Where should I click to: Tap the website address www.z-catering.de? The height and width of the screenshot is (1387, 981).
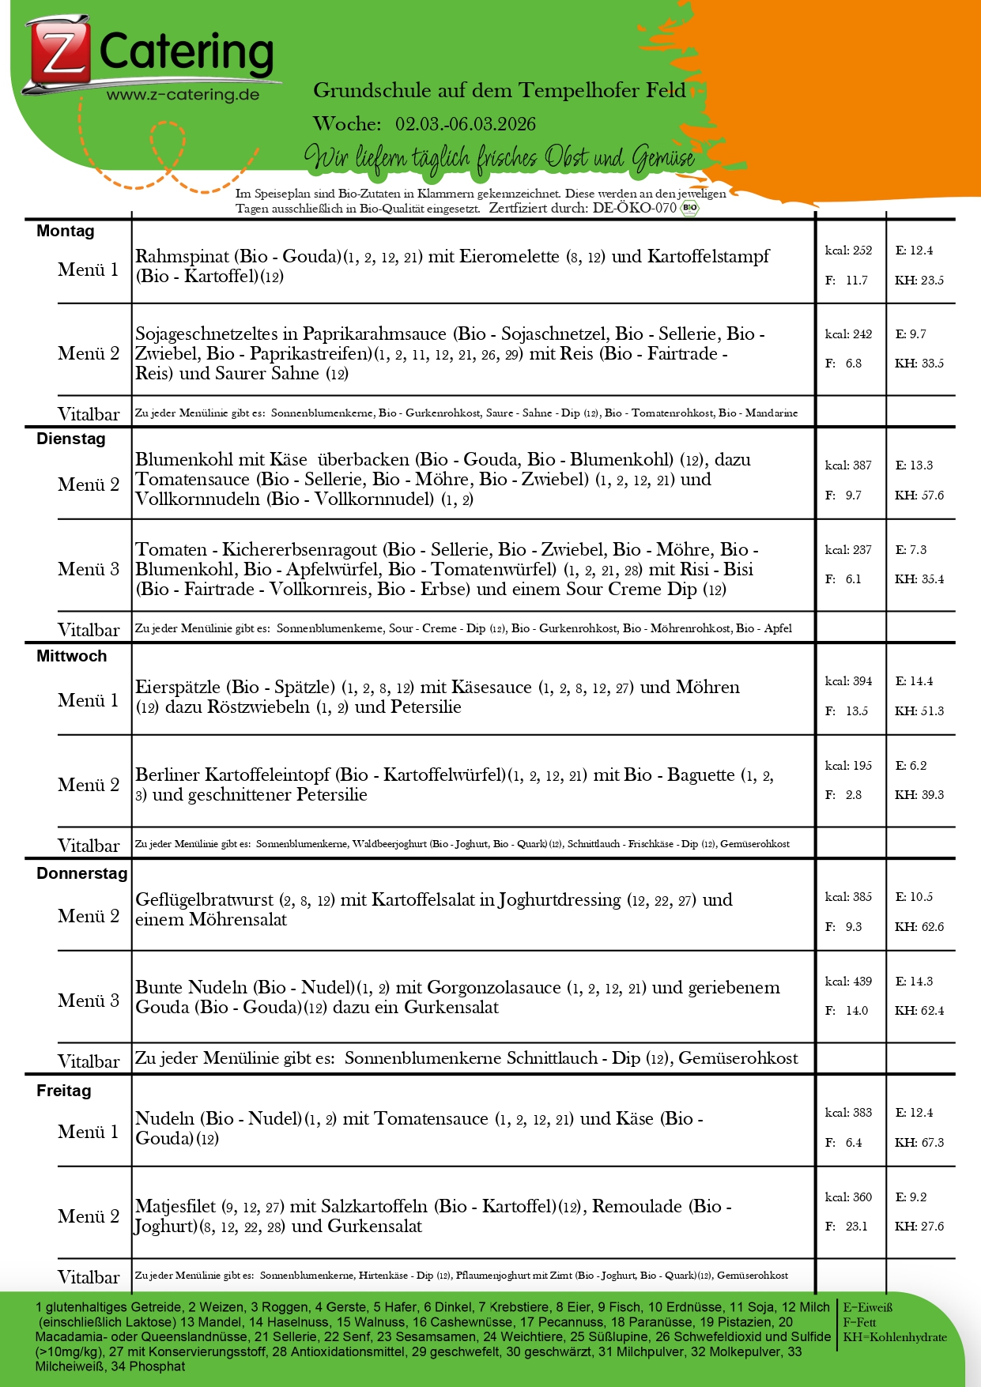[x=183, y=95]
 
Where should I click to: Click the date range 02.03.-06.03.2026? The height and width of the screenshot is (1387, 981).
[x=466, y=124]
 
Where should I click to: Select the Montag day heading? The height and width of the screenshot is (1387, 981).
[x=66, y=231]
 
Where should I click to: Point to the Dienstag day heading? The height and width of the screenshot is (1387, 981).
[x=71, y=439]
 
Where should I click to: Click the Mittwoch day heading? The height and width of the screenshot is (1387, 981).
[x=71, y=656]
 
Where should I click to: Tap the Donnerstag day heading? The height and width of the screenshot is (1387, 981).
[x=81, y=873]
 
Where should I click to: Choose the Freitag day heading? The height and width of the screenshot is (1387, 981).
[x=64, y=1091]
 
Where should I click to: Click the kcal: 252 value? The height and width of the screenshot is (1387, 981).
[x=848, y=251]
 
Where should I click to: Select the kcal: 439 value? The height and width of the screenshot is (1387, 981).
[x=848, y=982]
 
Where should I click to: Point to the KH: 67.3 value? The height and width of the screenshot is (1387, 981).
[x=919, y=1143]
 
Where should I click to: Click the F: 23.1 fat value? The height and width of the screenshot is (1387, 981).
[x=847, y=1227]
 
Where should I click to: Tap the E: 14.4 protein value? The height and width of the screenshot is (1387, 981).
[x=914, y=681]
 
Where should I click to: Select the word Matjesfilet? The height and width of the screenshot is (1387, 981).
[x=175, y=1207]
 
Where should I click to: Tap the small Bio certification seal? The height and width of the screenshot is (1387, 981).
[x=690, y=208]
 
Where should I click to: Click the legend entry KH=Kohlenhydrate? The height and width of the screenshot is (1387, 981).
[x=895, y=1337]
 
